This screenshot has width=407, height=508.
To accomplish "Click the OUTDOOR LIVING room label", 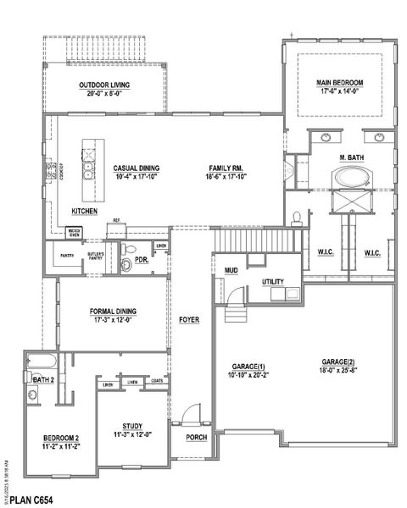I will click(x=103, y=86).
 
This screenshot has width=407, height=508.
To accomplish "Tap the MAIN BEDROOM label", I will click(x=340, y=82).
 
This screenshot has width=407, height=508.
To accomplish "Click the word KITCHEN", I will click(x=84, y=210).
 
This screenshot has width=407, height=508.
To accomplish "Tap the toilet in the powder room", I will click(x=126, y=262).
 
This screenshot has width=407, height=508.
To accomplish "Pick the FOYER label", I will click(x=188, y=320).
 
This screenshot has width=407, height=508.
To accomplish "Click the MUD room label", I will click(x=231, y=271).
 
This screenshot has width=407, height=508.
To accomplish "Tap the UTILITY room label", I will click(x=272, y=282).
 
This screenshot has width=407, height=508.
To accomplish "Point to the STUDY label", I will click(x=131, y=426).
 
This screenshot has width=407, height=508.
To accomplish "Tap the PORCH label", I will click(x=195, y=438).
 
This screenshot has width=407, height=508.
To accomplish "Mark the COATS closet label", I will click(x=157, y=381).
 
